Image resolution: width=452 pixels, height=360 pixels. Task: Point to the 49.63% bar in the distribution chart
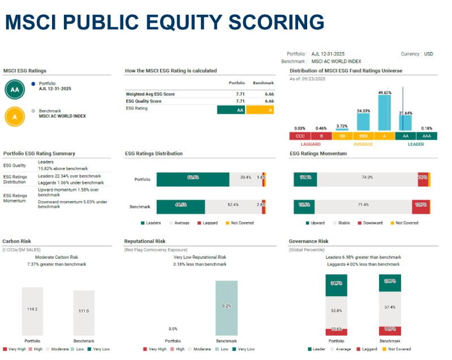click(x=385, y=112)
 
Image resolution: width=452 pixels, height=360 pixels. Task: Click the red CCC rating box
click(x=299, y=136)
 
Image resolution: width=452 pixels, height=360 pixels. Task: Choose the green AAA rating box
click(x=427, y=136)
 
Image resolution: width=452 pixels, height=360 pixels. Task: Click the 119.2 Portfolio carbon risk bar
click(x=32, y=311)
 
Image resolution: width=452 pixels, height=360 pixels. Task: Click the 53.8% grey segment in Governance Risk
click(x=336, y=311)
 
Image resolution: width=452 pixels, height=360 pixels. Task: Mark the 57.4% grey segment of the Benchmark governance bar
click(x=390, y=307)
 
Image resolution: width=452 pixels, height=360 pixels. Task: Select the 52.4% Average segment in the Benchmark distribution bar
click(x=230, y=205)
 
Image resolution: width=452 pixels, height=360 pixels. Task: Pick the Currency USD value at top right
click(x=428, y=54)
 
